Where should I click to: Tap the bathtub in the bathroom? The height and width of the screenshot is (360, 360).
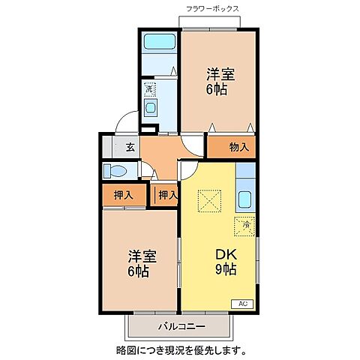coord(159,43)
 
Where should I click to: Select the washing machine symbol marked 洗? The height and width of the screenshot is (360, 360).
coord(149,88)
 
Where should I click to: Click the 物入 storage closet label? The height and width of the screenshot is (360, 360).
coord(238,147)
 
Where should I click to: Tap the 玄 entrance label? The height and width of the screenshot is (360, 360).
coord(130,147)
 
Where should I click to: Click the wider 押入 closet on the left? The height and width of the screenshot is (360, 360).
coord(124,195)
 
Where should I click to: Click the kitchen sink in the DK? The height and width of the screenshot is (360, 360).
coord(245,201)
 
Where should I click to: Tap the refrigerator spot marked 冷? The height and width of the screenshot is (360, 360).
coord(245,223)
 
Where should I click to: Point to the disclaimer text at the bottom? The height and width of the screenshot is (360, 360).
coord(180,349)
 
